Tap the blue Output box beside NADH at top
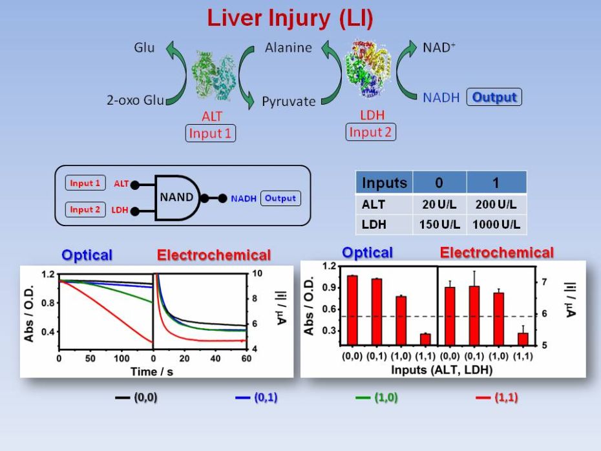coord(494,98)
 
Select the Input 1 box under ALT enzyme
coord(210,134)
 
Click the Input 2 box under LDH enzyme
coord(371,132)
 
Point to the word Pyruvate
coord(289,101)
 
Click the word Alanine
coord(288,47)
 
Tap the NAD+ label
coord(439,47)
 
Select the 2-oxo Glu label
coord(136,100)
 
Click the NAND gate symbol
coord(176,198)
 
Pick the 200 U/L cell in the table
coord(496,205)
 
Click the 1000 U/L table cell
coord(496,226)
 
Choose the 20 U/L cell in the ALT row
coord(439,205)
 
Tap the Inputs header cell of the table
coord(385,183)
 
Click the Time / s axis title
coord(153,372)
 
